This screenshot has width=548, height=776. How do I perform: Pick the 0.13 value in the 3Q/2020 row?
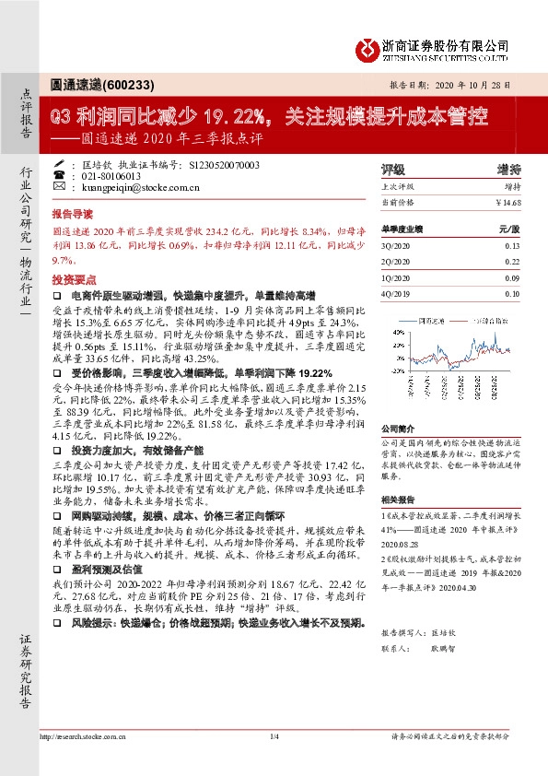[x=512, y=246]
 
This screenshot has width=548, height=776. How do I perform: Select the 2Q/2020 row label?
[x=395, y=262]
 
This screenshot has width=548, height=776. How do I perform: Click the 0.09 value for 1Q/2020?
[x=512, y=277]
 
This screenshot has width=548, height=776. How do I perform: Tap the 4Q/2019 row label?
[x=395, y=293]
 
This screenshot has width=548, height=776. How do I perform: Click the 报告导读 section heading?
[x=75, y=211]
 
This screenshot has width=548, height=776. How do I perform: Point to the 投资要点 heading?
[x=75, y=277]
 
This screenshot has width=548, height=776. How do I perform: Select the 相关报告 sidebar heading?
[x=399, y=499]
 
